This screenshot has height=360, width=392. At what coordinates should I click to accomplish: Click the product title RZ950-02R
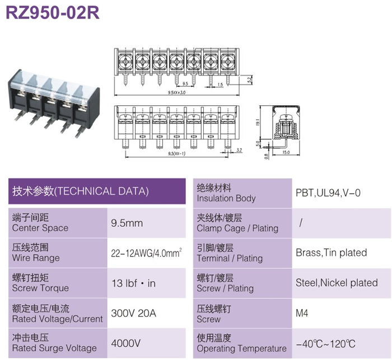pos(53,12)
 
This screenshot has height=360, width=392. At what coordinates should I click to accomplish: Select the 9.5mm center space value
pos(127,223)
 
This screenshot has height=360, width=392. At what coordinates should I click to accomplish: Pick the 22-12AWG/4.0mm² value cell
pos(147,253)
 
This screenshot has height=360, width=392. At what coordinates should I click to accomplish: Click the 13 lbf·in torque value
pos(133,283)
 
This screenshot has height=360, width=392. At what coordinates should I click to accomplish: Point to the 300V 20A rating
pos(133,313)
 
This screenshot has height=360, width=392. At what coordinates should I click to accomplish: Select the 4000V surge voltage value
pos(126,343)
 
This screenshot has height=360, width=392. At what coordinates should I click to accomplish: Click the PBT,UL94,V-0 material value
pos(328,193)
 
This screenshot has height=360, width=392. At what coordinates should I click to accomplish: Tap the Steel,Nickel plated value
pos(337,283)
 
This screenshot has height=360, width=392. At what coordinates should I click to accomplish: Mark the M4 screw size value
pos(302,313)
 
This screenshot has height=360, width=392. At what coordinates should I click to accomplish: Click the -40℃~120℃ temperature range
pos(325,344)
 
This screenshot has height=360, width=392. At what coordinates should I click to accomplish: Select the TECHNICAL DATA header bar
pos(97,191)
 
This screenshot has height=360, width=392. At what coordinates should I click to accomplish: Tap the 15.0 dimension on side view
pos(286,152)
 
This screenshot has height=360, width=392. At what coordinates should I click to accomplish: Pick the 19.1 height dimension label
pos(258,122)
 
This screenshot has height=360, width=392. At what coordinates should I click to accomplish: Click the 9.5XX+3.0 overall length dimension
pos(177,92)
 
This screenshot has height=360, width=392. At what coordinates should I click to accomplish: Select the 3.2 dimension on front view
pos(239,150)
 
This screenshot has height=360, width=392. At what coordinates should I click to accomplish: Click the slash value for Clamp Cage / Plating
pos(301,222)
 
